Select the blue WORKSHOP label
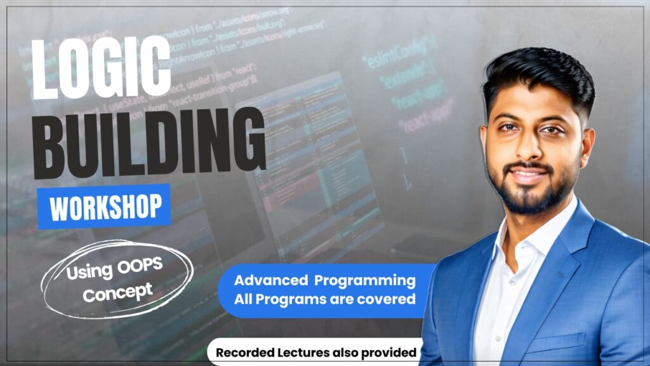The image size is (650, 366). pyautogui.click(x=104, y=206)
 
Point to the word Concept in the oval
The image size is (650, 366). pyautogui.click(x=117, y=293)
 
